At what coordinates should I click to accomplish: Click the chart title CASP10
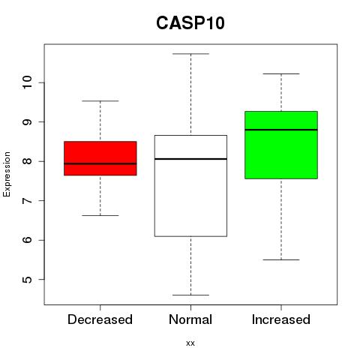coord(190,23)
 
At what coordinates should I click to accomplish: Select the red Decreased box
coord(100,158)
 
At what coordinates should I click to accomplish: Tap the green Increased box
coord(281,145)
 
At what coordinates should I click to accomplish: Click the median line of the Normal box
coord(190,159)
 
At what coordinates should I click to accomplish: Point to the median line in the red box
coord(100,163)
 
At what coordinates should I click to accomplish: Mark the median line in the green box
coord(281,130)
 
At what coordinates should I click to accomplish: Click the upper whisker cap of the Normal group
coord(190,54)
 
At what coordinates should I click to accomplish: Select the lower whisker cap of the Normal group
coord(190,295)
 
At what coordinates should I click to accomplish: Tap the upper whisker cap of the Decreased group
coord(100,101)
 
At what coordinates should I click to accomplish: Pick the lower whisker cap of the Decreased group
coord(100,215)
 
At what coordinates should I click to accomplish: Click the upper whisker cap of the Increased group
coord(281,73)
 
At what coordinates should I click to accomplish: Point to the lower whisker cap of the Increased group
coord(281,259)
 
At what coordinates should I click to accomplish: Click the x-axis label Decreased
coord(100,319)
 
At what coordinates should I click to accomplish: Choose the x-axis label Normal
coord(190,319)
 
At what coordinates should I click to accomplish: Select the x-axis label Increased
coord(281,319)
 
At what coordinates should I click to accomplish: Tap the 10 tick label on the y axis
coord(27,82)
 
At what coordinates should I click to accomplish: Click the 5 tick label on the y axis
coord(27,279)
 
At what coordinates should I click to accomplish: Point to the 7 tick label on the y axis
coord(27,200)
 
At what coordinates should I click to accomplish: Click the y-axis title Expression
coord(7,174)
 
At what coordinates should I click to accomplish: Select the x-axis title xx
coord(190,343)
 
